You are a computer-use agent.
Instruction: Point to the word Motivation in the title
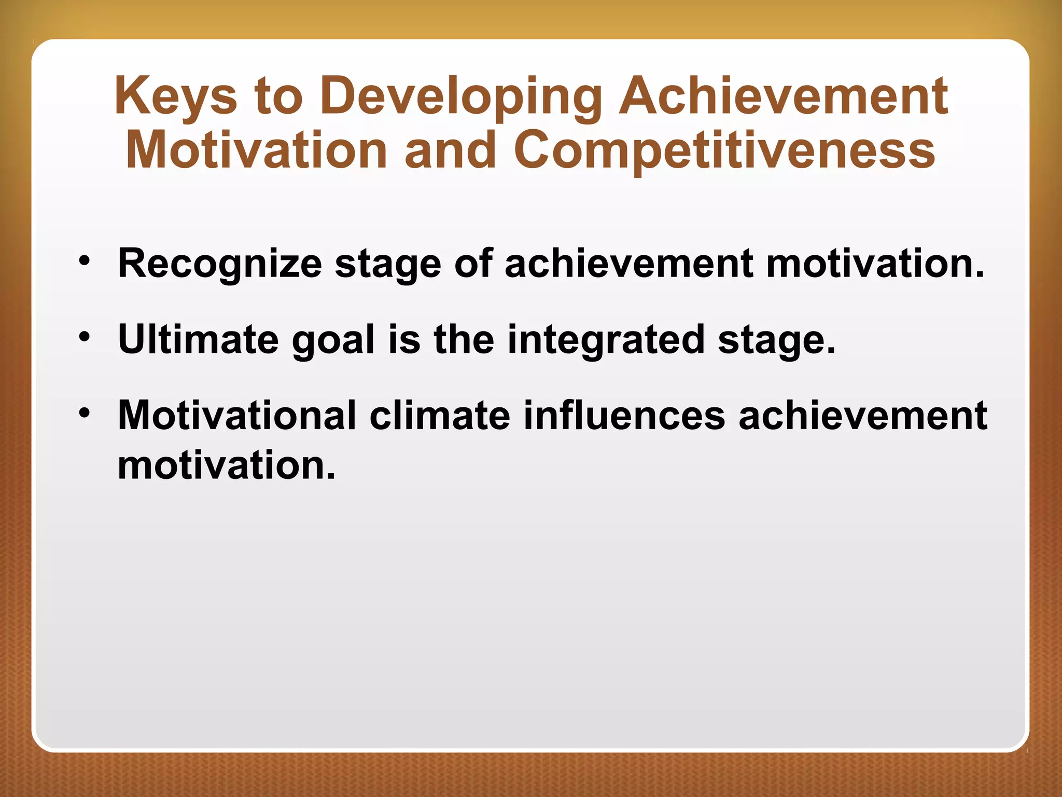(x=256, y=150)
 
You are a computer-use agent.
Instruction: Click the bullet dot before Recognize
(x=85, y=260)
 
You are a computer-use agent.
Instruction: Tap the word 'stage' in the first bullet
(x=388, y=264)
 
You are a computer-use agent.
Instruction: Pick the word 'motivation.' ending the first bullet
(x=875, y=263)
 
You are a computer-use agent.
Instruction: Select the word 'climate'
(x=440, y=415)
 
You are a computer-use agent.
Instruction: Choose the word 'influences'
(x=624, y=415)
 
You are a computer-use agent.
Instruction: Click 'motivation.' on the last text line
(x=227, y=465)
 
